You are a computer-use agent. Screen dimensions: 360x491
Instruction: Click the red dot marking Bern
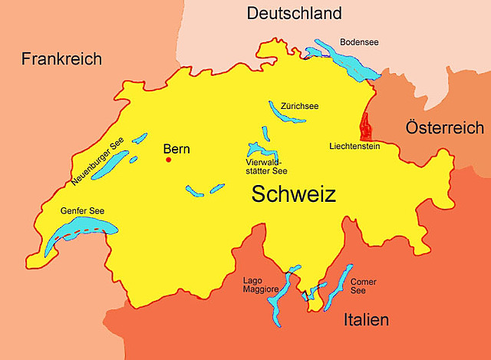[169, 160]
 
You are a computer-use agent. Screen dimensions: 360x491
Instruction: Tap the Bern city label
[176, 149]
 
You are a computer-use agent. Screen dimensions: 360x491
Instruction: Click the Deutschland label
[294, 14]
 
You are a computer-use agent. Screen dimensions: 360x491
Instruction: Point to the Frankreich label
[61, 59]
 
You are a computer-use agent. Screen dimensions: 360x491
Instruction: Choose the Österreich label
[445, 127]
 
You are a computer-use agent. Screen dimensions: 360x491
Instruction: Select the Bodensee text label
[360, 41]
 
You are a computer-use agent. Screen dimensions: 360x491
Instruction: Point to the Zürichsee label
[300, 106]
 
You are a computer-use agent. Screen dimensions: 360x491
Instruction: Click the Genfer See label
[82, 210]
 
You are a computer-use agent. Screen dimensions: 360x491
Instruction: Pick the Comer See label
[363, 286]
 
